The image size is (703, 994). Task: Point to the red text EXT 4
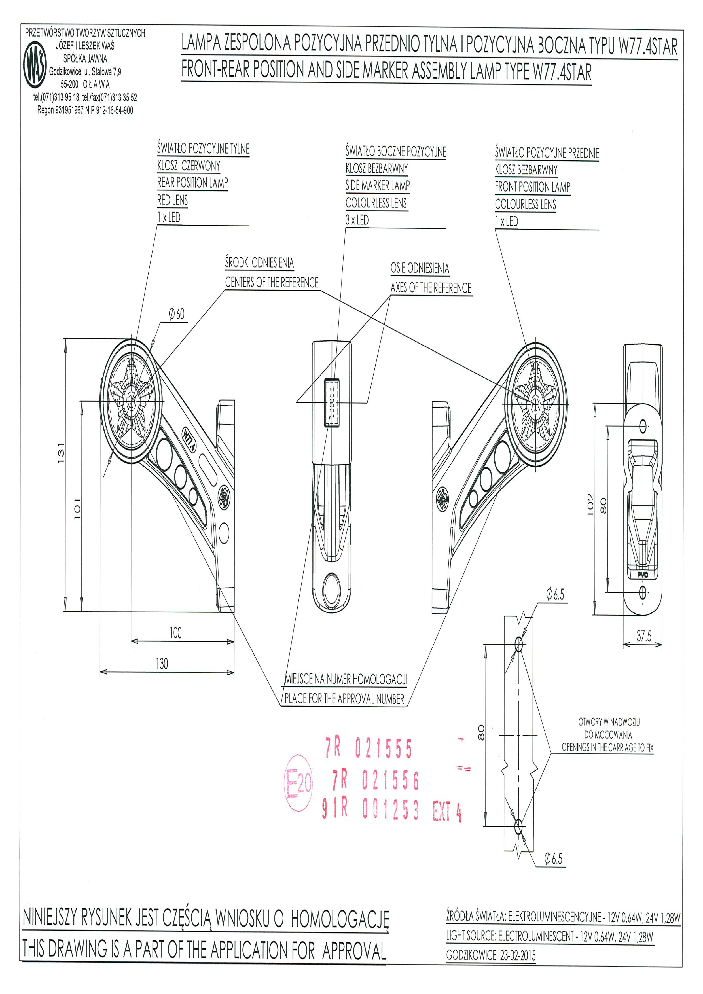click(x=447, y=811)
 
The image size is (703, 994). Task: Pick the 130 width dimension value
click(x=162, y=664)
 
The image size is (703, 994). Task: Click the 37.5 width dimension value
click(x=644, y=636)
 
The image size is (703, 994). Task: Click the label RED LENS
click(x=172, y=200)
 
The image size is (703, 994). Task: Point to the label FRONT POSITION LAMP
click(x=532, y=187)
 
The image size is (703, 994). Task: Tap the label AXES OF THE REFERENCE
click(x=431, y=288)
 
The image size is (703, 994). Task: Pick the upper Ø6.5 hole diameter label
click(x=555, y=595)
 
